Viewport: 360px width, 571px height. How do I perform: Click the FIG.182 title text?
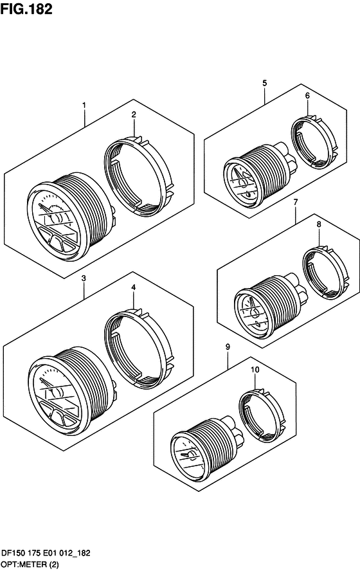[26, 9]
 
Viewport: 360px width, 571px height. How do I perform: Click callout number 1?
[84, 105]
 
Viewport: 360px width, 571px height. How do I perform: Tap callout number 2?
[134, 114]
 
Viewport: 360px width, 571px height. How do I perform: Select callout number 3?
[84, 278]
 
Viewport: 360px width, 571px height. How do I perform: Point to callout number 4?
[134, 287]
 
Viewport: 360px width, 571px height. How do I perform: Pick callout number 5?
[265, 83]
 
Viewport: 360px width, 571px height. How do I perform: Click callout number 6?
[307, 96]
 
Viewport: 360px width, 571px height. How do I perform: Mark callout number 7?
[296, 202]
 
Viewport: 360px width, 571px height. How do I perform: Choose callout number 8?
[319, 224]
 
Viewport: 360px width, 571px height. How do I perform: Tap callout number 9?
[228, 347]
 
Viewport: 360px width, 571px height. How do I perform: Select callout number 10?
[255, 370]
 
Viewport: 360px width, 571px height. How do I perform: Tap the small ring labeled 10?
[242, 415]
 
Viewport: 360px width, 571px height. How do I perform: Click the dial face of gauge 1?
[55, 221]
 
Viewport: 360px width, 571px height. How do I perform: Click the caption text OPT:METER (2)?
[30, 565]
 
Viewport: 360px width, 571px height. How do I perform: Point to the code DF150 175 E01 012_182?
[46, 554]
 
